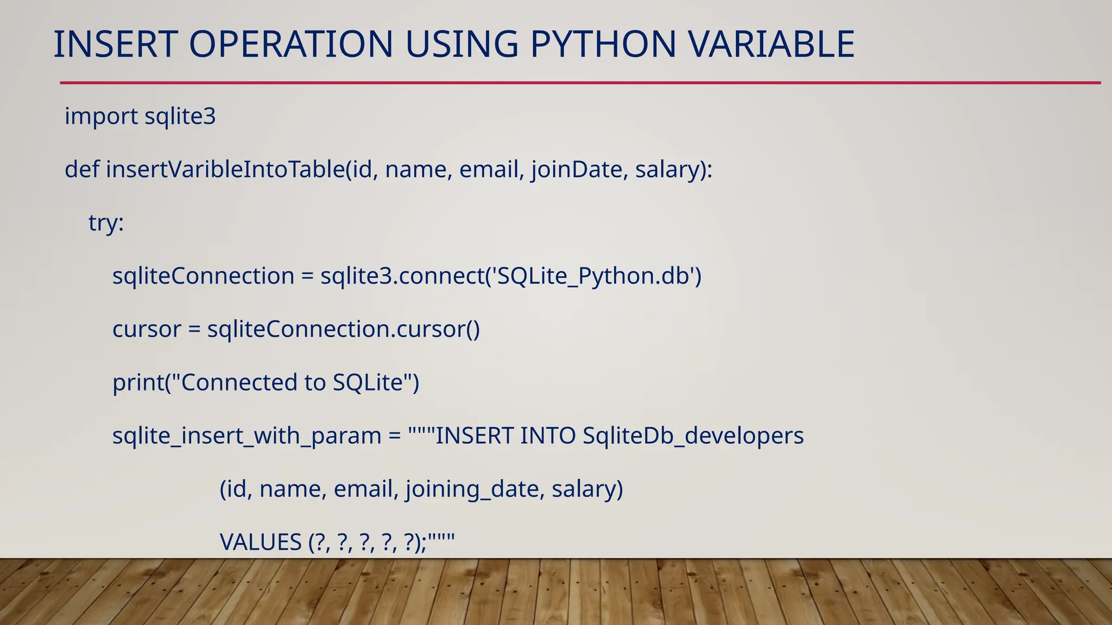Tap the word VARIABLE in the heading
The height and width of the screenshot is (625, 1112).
[x=772, y=44]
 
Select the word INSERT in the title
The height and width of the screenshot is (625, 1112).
[x=116, y=44]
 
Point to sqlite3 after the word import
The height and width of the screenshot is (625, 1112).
[x=180, y=117]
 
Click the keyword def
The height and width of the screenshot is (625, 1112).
[x=82, y=169]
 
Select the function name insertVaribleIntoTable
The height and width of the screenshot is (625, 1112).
[x=225, y=169]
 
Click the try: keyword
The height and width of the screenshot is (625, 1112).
[x=106, y=223]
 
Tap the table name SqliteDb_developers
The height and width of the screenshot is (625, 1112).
[x=693, y=436]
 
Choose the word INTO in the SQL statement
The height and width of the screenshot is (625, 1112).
[x=547, y=436]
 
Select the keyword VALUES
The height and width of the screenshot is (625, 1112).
[x=261, y=542]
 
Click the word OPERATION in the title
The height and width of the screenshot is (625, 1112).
[x=291, y=44]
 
